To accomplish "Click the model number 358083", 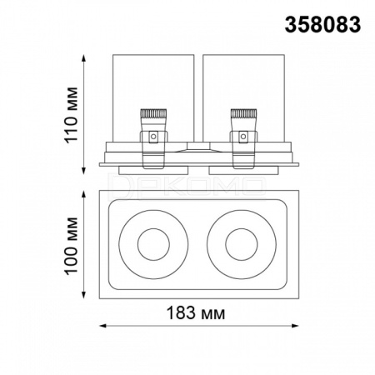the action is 322,24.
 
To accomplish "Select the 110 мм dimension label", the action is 71,115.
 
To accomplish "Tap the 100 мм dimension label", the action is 71,246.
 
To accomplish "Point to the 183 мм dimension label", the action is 196,313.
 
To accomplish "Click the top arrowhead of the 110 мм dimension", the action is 83,57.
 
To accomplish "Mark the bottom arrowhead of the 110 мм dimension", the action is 83,171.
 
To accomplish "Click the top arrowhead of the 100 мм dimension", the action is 83,194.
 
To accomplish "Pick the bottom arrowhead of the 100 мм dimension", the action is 83,295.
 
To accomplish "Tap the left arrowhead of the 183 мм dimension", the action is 102,326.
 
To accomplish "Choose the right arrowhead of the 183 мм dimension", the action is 295,326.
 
